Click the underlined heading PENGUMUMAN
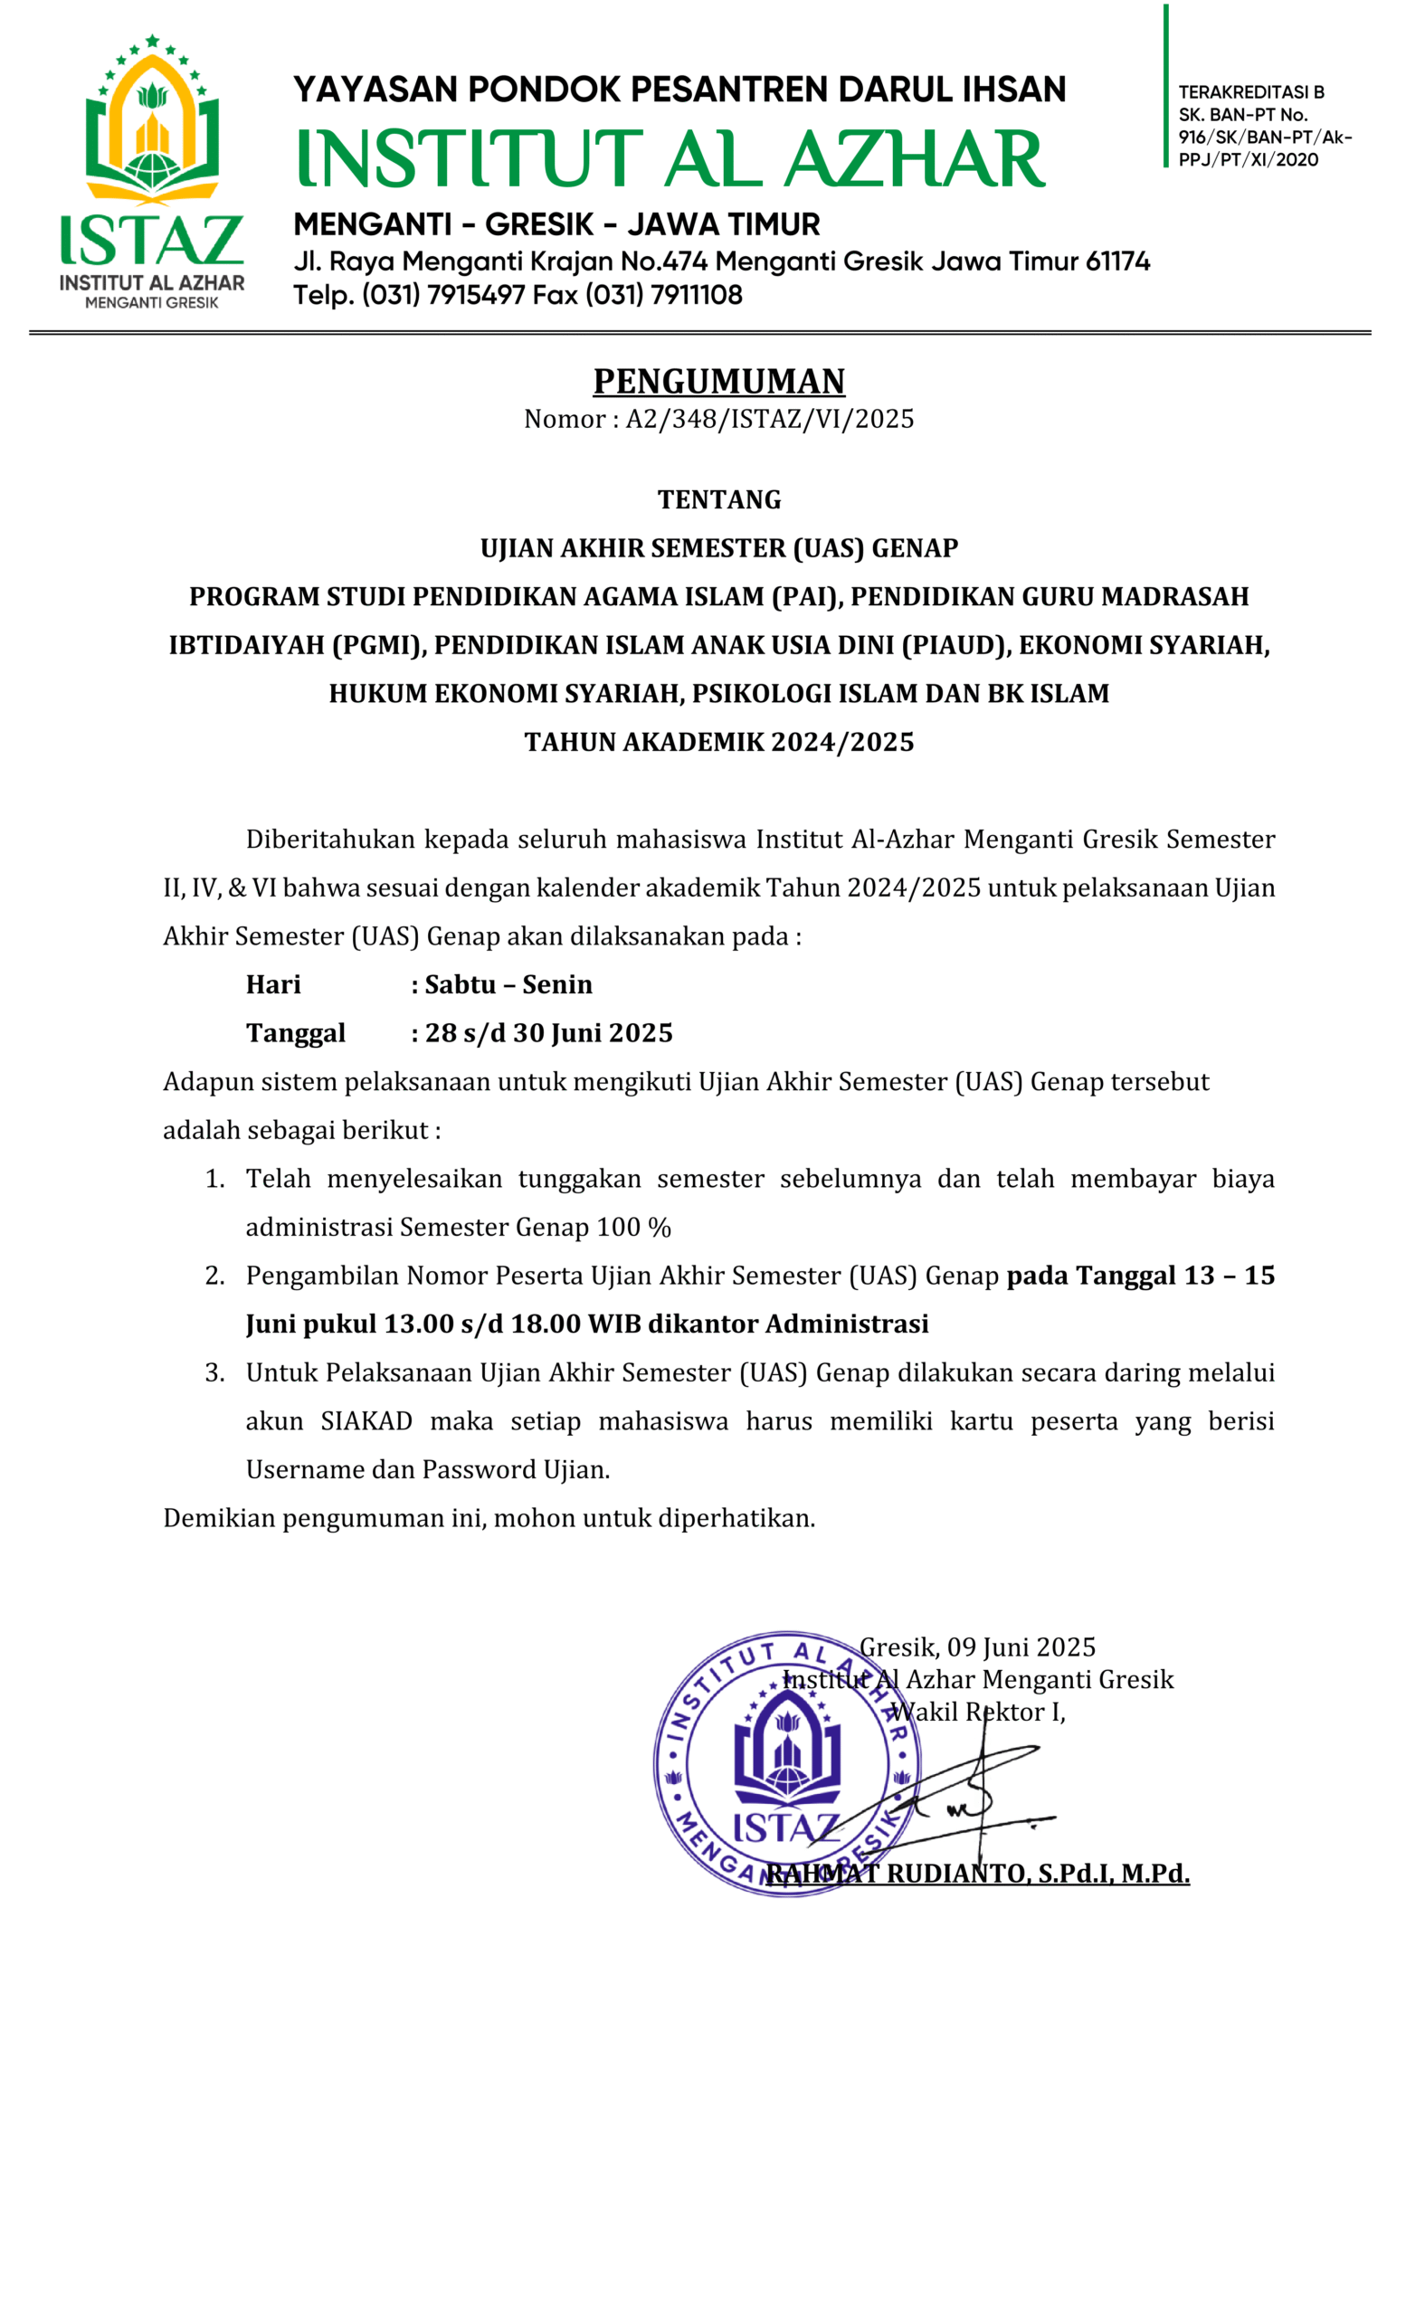[x=719, y=382]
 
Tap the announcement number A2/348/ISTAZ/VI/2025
[x=770, y=419]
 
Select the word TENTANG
[x=719, y=500]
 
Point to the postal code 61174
[x=1117, y=261]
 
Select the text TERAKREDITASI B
[x=1251, y=92]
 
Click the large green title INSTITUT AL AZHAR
[x=671, y=158]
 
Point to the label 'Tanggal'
[x=296, y=1033]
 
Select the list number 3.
[x=214, y=1373]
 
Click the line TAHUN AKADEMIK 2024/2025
[x=719, y=743]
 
